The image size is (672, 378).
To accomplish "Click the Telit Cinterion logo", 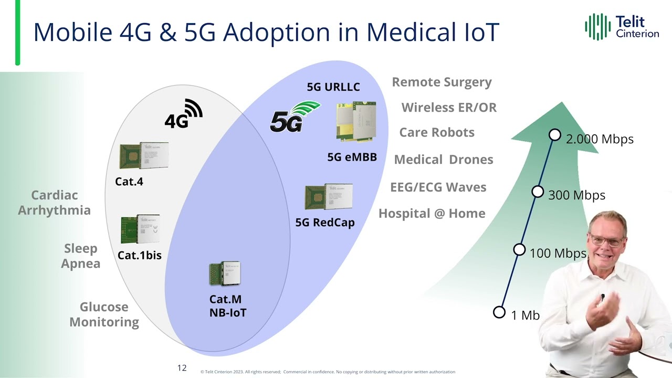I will pyautogui.click(x=622, y=27).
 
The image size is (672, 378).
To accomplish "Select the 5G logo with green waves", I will pyautogui.click(x=294, y=117).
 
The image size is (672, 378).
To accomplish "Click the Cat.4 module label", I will pyautogui.click(x=129, y=182).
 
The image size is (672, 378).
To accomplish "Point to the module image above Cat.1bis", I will pyautogui.click(x=140, y=229).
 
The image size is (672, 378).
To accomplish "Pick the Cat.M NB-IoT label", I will pyautogui.click(x=227, y=306).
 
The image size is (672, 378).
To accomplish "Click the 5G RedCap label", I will pyautogui.click(x=325, y=223).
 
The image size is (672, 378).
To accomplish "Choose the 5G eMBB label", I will pyautogui.click(x=352, y=157).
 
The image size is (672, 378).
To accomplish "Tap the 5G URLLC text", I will pyautogui.click(x=333, y=87).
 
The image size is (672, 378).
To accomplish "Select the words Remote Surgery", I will pyautogui.click(x=442, y=82).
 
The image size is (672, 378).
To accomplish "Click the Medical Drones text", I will pyautogui.click(x=443, y=160).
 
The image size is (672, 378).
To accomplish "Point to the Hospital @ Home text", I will pyautogui.click(x=432, y=214).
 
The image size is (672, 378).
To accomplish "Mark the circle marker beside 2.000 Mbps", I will pyautogui.click(x=555, y=135).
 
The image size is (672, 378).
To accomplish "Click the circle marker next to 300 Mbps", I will pyautogui.click(x=538, y=192).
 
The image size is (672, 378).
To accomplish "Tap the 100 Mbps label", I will pyautogui.click(x=558, y=253).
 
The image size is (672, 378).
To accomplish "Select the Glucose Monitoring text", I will pyautogui.click(x=104, y=314).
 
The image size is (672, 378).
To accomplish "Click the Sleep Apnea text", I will pyautogui.click(x=81, y=256).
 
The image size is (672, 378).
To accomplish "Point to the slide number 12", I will pyautogui.click(x=182, y=368).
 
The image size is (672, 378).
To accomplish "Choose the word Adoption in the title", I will pyautogui.click(x=291, y=33).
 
